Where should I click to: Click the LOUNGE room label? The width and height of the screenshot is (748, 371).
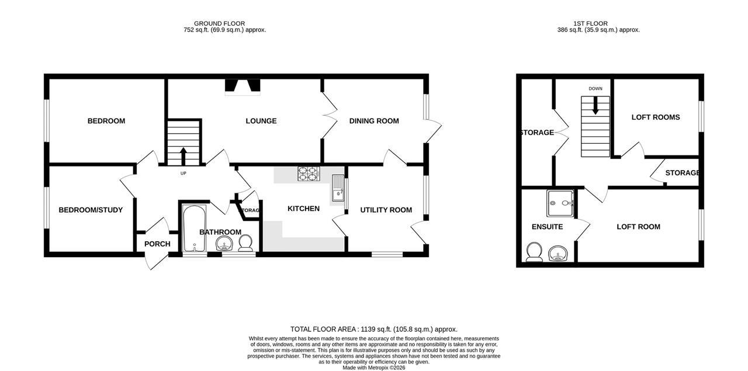tap(261, 121)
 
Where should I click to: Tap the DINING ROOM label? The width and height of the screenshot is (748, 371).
tap(374, 121)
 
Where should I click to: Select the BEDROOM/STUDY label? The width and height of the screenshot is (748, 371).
tap(91, 210)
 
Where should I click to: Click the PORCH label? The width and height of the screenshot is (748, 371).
tap(157, 244)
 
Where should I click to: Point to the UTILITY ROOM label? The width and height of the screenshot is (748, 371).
tap(386, 210)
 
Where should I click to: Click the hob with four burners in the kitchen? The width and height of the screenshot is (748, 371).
tap(309, 174)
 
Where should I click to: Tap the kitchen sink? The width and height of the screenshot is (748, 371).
tap(338, 188)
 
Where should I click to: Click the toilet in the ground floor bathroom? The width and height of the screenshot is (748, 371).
tap(245, 242)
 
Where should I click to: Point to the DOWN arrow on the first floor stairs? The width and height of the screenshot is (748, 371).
tap(595, 107)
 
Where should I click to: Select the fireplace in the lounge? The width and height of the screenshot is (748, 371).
tap(242, 86)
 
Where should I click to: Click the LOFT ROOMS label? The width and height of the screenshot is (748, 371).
tap(655, 117)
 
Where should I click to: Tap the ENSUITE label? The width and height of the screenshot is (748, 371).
tap(547, 227)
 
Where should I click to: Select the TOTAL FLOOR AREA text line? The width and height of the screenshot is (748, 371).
tap(374, 330)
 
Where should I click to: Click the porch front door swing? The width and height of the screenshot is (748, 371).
tap(155, 261)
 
